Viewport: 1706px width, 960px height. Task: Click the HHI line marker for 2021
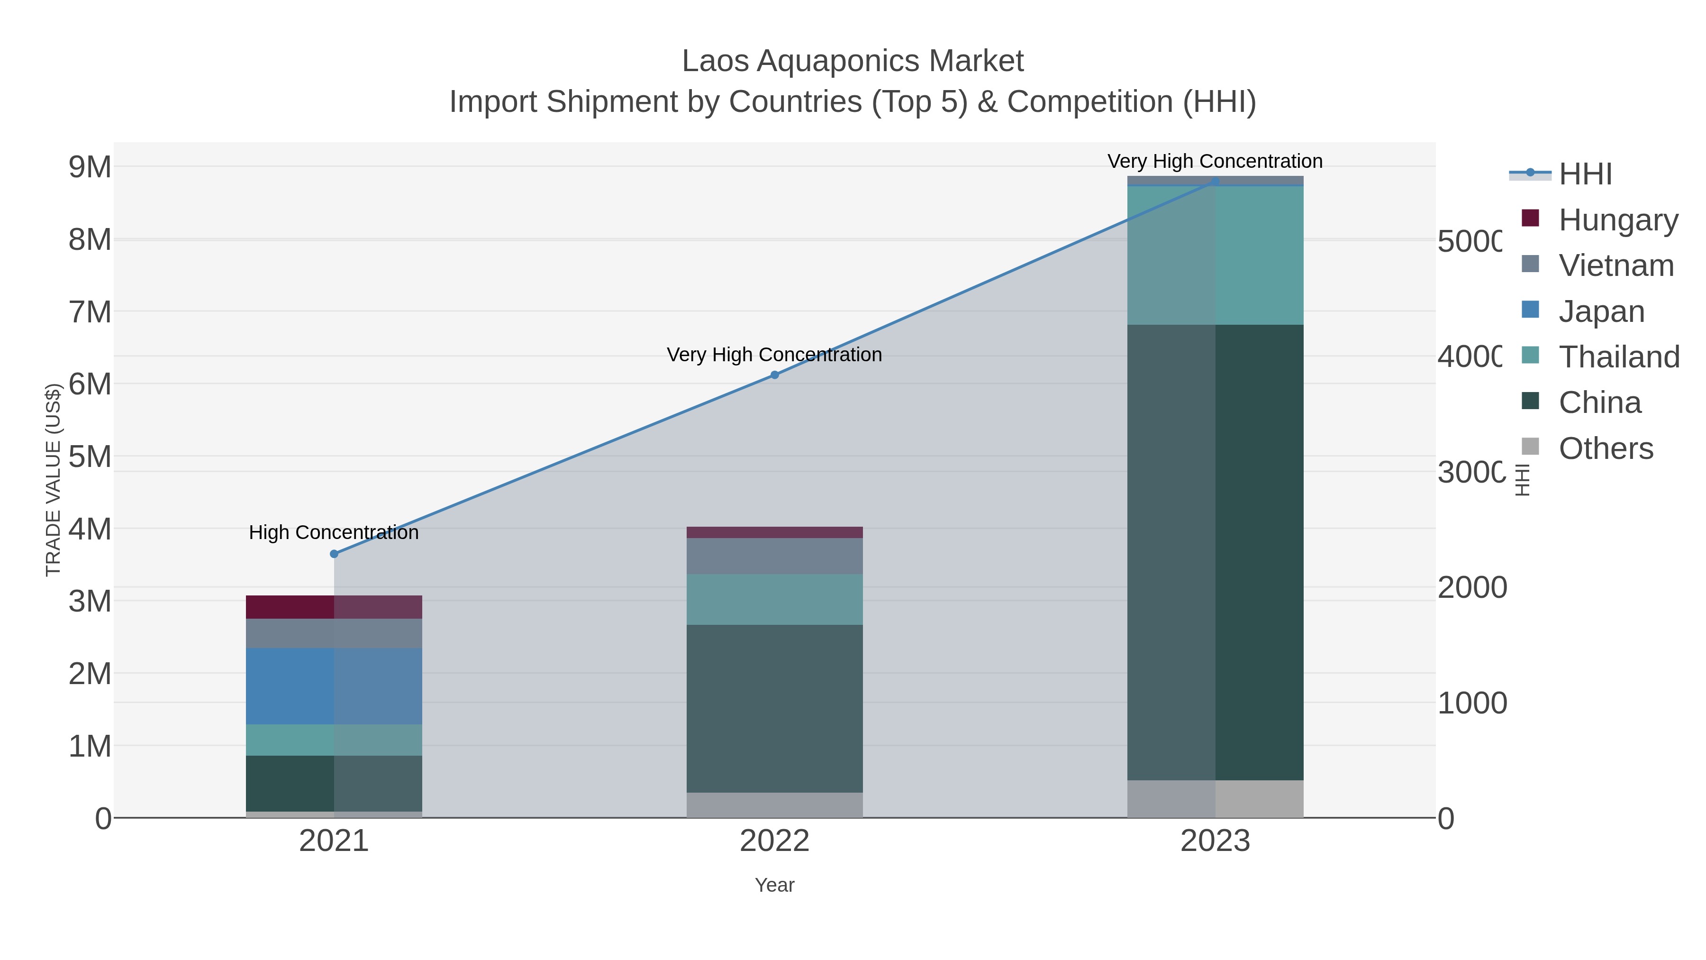(x=334, y=554)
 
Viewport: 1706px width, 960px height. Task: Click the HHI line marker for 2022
(x=774, y=375)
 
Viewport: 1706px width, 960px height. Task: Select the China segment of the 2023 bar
(x=1215, y=552)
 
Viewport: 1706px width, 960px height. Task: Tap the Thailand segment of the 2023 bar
(x=1215, y=255)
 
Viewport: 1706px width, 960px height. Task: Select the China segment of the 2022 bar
(x=774, y=708)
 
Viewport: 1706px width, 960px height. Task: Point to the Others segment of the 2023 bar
(x=1215, y=798)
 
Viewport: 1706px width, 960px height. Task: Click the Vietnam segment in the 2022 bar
(x=774, y=556)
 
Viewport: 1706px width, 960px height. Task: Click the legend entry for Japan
(x=1601, y=311)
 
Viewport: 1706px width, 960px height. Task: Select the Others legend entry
(x=1606, y=448)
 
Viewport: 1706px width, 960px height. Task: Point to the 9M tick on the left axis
(x=90, y=167)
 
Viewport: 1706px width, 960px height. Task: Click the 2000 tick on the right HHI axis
(x=1471, y=588)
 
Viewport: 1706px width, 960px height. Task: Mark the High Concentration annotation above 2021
(x=334, y=533)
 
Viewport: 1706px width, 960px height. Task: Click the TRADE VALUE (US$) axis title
(x=53, y=480)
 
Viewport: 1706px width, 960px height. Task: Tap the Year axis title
(x=774, y=885)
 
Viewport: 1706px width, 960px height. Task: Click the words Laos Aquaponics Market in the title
(x=853, y=61)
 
